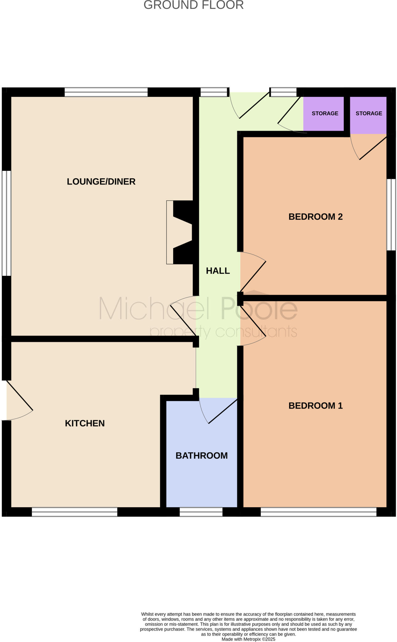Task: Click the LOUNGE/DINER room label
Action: pos(101,182)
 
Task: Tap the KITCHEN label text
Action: pos(85,423)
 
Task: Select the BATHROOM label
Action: pos(201,455)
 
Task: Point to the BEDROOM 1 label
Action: pos(315,406)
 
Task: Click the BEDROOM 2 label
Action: pos(315,217)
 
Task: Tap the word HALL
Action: pos(218,271)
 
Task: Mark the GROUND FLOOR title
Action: pos(193,5)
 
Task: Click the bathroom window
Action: pos(201,512)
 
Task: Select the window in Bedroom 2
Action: pos(391,215)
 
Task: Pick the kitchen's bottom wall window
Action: pos(75,512)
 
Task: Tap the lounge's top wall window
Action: pos(106,92)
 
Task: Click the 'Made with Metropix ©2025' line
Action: pos(248,639)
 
